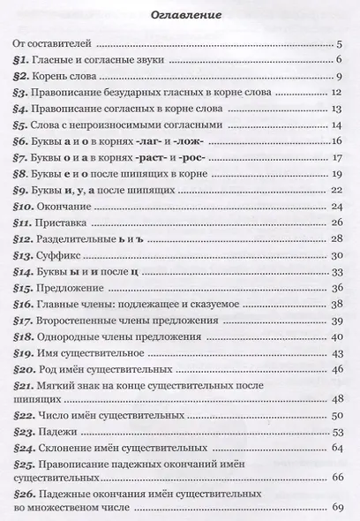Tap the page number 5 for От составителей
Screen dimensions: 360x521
339,42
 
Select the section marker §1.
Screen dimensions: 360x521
24,59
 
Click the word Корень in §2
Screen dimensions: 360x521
58,76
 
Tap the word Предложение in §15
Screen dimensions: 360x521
77,289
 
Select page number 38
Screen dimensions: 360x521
336,305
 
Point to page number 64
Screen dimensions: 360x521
336,448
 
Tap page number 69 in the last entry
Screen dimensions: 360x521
336,508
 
